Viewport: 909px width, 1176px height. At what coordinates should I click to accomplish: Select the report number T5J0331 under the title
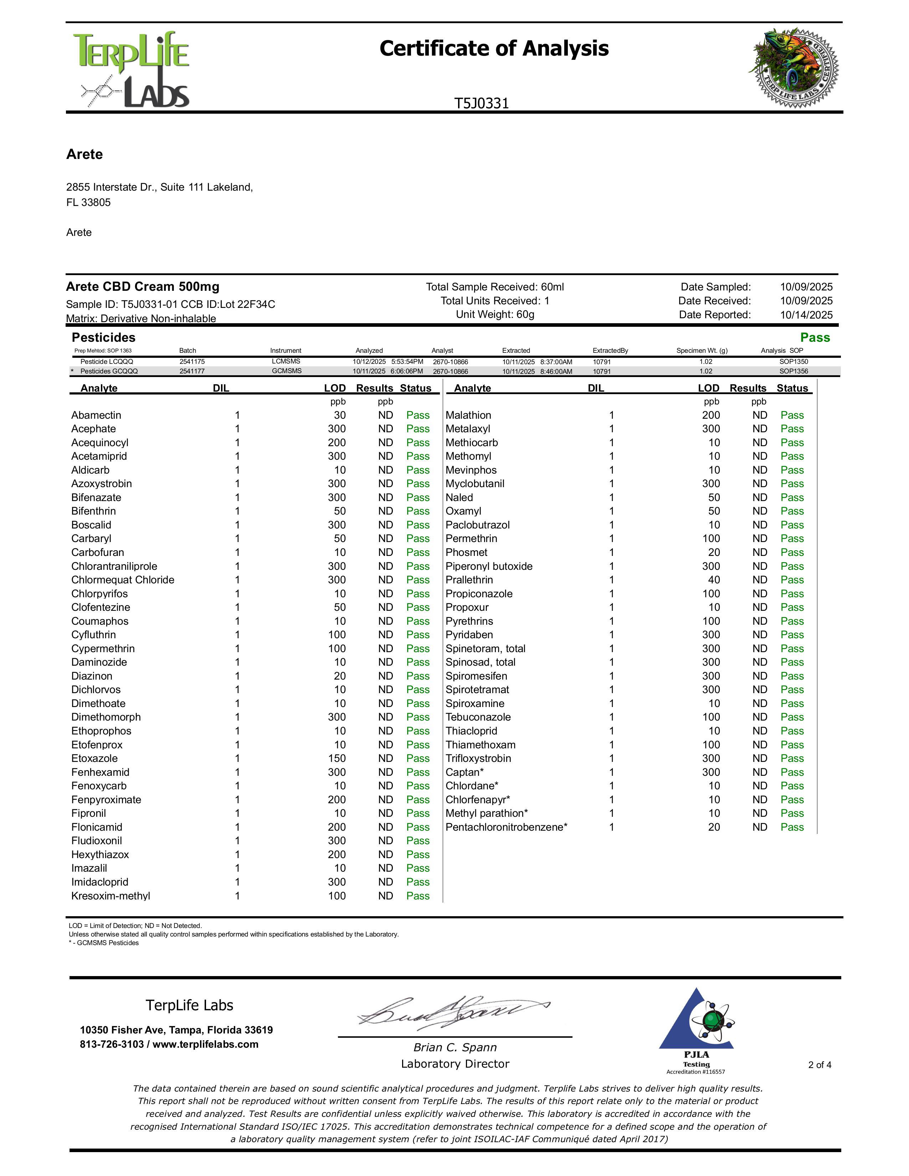(482, 103)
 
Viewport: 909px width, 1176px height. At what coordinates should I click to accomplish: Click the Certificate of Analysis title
(494, 48)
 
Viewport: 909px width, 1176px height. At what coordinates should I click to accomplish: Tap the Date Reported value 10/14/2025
(806, 315)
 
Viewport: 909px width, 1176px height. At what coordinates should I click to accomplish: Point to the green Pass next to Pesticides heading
(815, 337)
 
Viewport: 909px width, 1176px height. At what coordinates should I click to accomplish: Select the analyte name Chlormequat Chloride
(123, 580)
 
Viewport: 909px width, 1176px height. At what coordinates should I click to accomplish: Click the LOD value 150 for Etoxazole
(337, 758)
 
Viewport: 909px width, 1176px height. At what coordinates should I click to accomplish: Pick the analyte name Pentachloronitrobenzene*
(506, 827)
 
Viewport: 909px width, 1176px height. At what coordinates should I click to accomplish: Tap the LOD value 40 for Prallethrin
(714, 580)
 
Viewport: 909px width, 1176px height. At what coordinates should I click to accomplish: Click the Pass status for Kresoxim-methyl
(418, 896)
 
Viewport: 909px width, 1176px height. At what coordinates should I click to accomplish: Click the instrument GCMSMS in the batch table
(287, 371)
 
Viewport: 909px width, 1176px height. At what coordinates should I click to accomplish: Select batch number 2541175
(192, 362)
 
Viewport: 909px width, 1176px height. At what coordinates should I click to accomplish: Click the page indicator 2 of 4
(820, 1064)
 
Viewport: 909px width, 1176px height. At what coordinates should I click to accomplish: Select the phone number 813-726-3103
(112, 1044)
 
